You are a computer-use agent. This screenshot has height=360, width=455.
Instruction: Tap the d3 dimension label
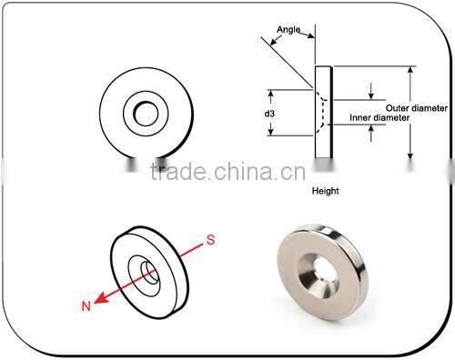coord(269,114)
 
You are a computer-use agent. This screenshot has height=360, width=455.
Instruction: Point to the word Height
coord(326,192)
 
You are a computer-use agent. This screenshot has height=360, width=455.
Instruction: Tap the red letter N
coord(86,306)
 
